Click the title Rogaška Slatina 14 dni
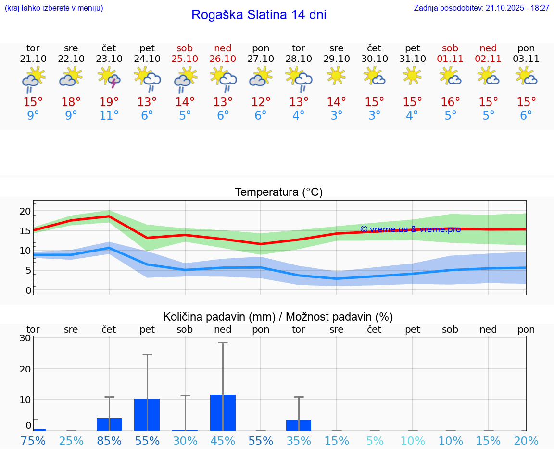259,15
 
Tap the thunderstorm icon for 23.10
109,78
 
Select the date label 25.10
185,59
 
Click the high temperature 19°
109,102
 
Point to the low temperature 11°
109,116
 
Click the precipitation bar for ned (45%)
223,412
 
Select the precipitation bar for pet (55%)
147,415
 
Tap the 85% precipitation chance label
109,441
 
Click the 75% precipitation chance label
33,441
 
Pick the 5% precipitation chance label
375,441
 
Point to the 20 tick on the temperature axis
25,211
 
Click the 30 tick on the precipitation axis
25,338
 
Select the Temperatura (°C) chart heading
278,192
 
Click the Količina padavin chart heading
278,317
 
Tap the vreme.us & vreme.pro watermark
410,229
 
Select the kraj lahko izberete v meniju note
54,8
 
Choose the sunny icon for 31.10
412,75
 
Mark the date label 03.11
526,59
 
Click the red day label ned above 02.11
488,48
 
